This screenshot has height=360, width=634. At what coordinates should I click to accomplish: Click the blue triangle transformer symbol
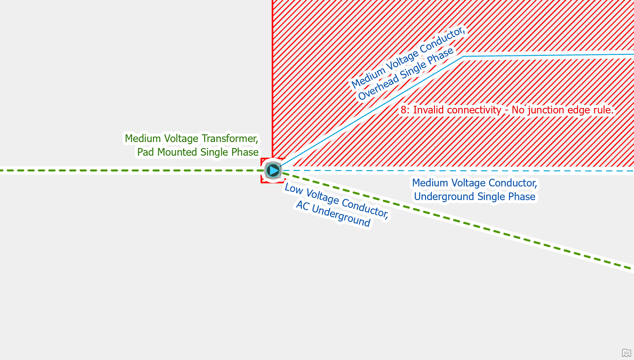coord(273,171)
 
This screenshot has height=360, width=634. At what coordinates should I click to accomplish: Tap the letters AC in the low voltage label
coord(302,206)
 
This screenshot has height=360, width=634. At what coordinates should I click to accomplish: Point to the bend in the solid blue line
coord(463,56)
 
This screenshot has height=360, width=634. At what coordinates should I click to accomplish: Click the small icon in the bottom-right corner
coord(626,353)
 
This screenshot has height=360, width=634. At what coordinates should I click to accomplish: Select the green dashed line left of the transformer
coord(128,171)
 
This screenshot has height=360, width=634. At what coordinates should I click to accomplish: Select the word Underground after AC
coord(341,215)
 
